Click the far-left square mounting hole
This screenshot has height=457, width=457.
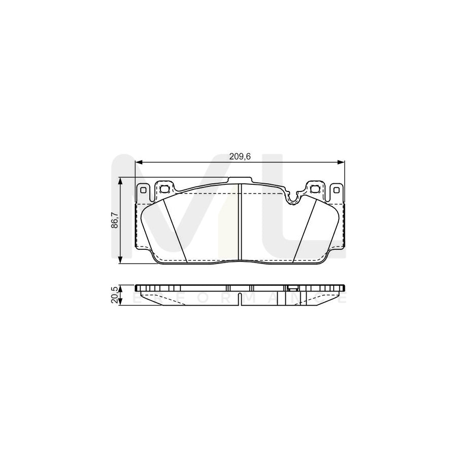[x=143, y=190]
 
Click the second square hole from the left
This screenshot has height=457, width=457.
[x=164, y=189]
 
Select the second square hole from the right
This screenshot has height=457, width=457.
[x=315, y=189]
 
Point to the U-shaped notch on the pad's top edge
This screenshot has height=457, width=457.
[x=293, y=199]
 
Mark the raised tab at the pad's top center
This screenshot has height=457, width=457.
[x=240, y=180]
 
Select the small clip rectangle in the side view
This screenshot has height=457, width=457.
[x=292, y=289]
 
